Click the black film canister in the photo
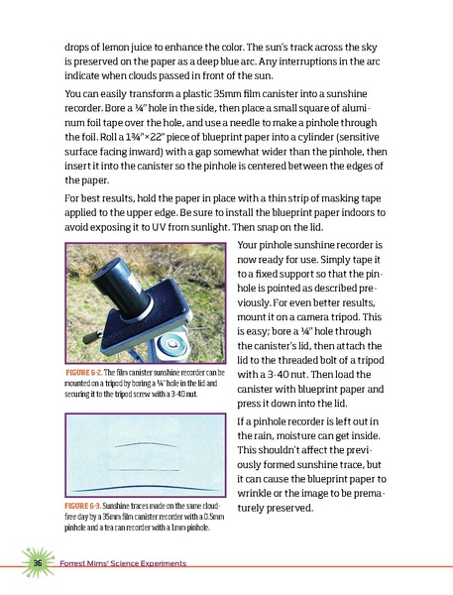click(x=119, y=284)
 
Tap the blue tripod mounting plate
click(x=159, y=317)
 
